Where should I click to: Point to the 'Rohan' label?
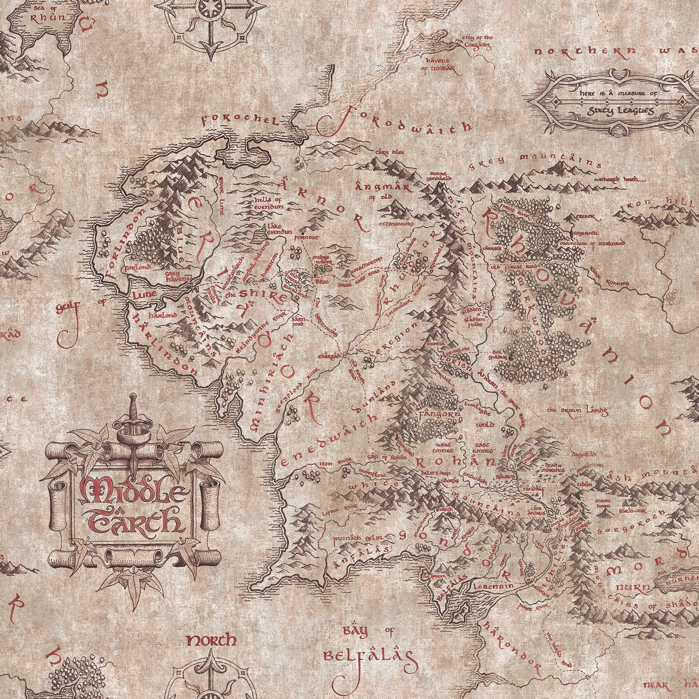click(x=455, y=461)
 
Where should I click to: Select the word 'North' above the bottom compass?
click(x=211, y=641)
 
